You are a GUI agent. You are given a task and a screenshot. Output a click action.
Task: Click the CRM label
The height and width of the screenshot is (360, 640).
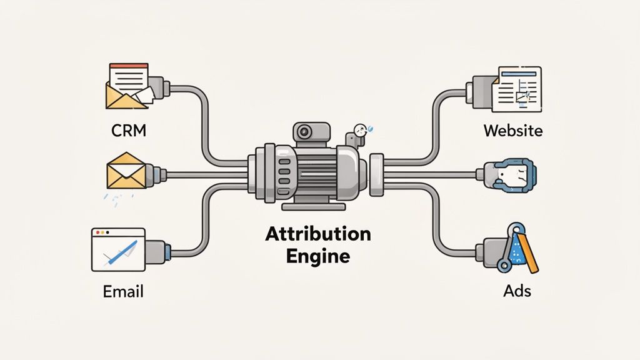coord(129,132)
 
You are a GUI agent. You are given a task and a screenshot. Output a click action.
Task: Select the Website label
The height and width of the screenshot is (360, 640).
coord(512,131)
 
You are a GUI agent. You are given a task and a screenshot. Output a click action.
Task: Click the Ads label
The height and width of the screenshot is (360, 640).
coord(517,291)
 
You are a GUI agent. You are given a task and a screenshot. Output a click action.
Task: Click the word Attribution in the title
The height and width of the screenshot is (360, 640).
coord(318,234)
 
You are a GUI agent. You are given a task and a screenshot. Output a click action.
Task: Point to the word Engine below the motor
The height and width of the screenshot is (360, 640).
coord(318,256)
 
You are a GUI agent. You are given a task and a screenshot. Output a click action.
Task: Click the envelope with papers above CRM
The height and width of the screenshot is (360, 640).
coord(129,86)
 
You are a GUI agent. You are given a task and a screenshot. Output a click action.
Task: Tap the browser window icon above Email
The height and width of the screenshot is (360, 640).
coord(118,249)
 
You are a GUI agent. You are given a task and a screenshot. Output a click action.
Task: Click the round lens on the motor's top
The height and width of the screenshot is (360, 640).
coord(305,132)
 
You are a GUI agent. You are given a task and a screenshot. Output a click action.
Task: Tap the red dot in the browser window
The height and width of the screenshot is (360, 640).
coord(96,232)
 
